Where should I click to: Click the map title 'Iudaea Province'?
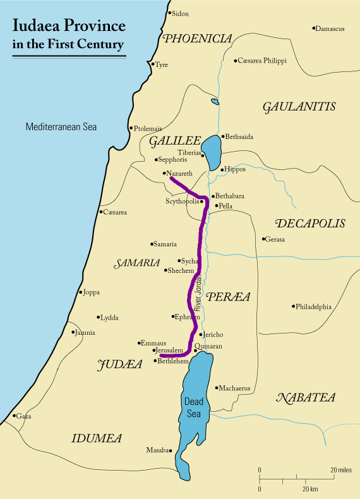(69, 25)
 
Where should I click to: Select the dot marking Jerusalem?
(153, 350)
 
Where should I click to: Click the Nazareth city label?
(178, 173)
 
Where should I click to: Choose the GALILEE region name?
(174, 142)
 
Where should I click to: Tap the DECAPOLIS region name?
(310, 224)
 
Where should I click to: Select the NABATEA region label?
(306, 397)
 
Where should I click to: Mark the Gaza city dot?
(14, 416)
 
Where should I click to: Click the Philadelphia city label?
(314, 307)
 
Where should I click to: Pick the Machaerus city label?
(235, 388)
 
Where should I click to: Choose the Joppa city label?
(91, 292)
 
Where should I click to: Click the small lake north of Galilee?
(215, 101)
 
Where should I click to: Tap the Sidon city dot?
(169, 13)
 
